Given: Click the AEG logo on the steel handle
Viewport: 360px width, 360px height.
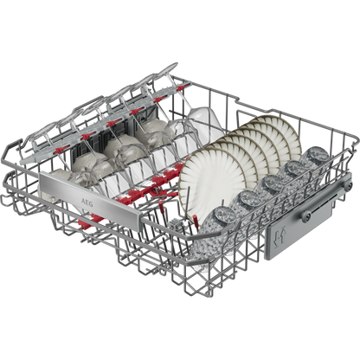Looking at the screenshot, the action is click(x=87, y=202).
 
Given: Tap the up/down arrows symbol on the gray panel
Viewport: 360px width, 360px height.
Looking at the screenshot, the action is click(x=280, y=239).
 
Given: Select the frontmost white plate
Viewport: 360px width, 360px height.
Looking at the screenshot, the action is click(x=213, y=179).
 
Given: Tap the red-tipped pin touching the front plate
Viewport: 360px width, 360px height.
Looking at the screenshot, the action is click(x=196, y=220).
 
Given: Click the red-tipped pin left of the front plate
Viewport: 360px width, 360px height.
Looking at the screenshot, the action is click(x=161, y=207).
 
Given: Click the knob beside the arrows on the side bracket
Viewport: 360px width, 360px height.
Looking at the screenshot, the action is click(x=305, y=215).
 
